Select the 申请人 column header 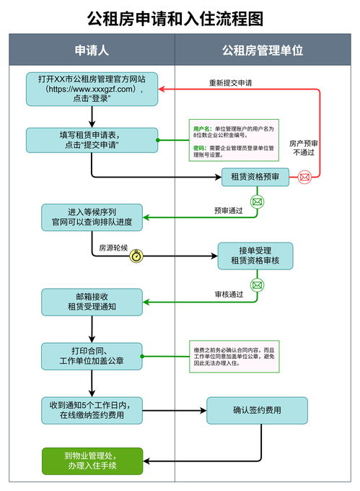(92, 51)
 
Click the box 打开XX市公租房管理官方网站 (92, 89)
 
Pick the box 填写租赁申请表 (92, 139)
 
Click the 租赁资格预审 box (255, 176)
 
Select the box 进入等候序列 (92, 217)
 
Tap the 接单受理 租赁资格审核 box (255, 255)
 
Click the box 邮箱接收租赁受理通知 (92, 302)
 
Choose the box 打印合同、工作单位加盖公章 (92, 356)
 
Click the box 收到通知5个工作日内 (92, 409)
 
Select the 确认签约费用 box (257, 410)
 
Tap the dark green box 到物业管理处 (92, 461)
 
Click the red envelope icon (304, 176)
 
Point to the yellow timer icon (136, 255)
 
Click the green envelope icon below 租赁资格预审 (256, 202)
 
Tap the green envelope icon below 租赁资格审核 (256, 284)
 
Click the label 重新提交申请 (230, 82)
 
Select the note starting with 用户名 (233, 140)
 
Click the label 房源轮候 (113, 248)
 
